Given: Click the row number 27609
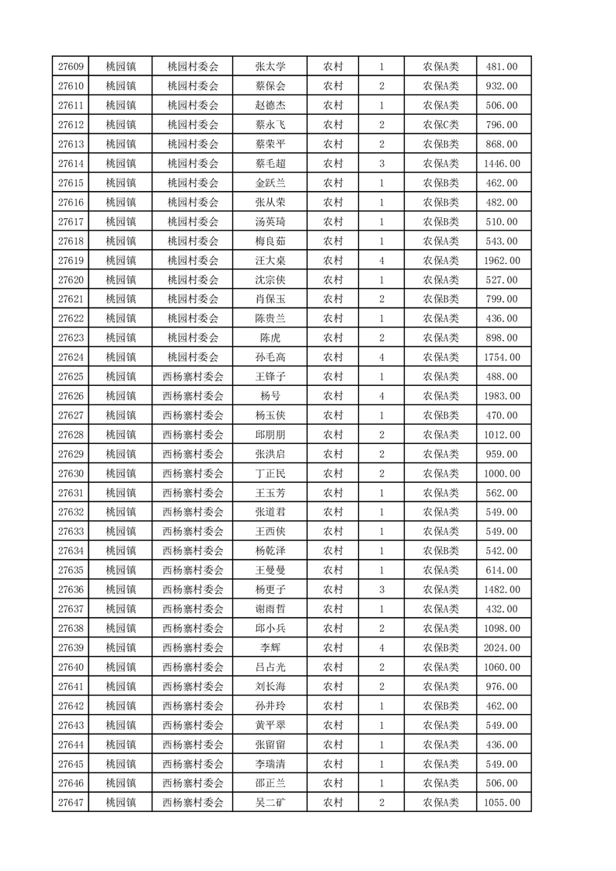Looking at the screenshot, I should pos(71,67).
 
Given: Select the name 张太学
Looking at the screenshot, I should pos(270,67).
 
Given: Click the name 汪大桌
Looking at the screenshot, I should pos(270,261).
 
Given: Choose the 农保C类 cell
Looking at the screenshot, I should pos(440,125).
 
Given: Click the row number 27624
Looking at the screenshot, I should pos(71,357).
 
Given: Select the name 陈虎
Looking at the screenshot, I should pos(270,338).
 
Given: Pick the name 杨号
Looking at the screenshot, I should pos(270,396).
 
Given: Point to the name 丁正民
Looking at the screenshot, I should pos(270,474).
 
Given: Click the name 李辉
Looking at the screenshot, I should pos(270,647).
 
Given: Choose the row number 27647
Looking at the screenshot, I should pos(71,803).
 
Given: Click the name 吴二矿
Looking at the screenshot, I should pos(270,803).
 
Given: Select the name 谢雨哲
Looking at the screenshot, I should pos(270,609).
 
